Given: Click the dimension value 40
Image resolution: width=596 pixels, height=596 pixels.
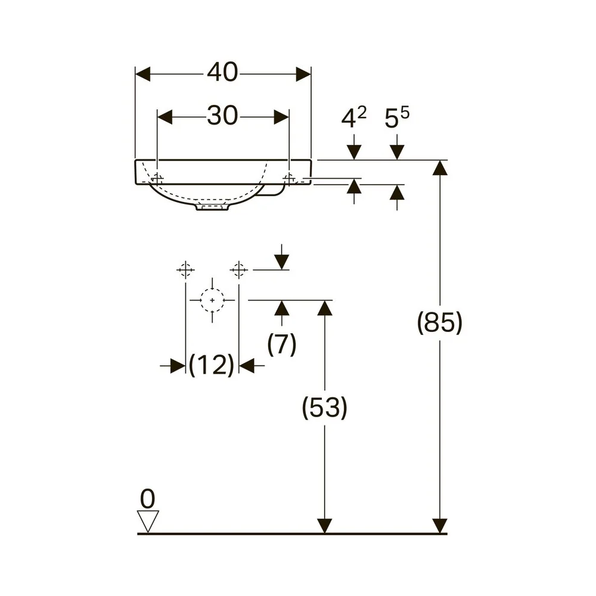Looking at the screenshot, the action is click(222, 72).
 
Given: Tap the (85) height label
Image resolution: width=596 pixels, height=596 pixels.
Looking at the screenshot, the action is click(440, 322).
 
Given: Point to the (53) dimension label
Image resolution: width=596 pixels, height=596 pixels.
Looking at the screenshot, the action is click(325, 407).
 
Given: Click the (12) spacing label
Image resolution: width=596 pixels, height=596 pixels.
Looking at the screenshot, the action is click(212, 365).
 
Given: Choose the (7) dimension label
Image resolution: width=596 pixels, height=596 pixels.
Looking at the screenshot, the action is click(282, 344).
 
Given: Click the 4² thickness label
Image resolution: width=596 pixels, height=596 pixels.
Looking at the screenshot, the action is click(353, 117).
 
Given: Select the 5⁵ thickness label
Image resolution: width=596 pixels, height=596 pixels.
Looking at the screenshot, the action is click(397, 117).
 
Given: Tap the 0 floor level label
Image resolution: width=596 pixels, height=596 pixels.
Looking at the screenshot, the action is click(147, 498).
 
